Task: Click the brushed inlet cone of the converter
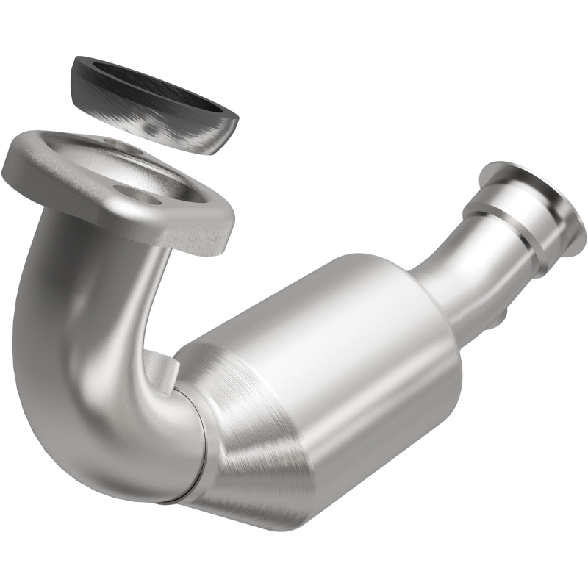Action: coord(250,441)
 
